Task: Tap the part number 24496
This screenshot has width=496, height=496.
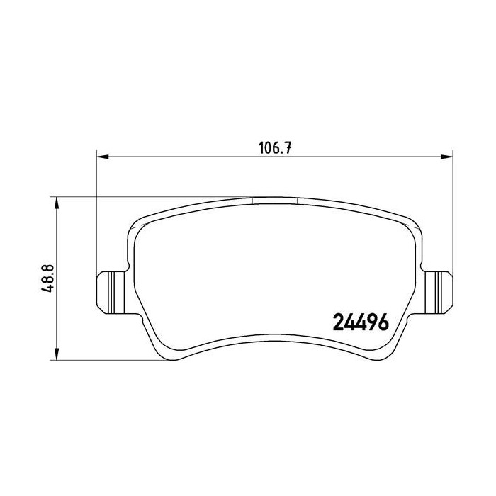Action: [361, 322]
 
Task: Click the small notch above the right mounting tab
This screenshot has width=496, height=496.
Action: [422, 267]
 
